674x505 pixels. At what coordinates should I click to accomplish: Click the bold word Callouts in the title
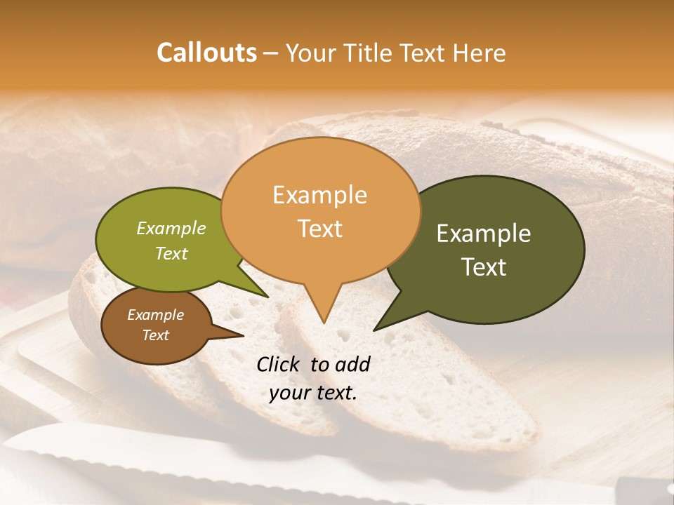coord(206,53)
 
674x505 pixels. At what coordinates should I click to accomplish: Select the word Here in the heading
coord(480,53)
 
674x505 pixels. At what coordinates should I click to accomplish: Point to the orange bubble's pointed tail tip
coord(324,323)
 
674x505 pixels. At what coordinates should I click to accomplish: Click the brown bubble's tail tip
coord(243,335)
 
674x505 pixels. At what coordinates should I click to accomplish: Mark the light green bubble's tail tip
coord(267,297)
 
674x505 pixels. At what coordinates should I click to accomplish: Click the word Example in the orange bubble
coord(319,194)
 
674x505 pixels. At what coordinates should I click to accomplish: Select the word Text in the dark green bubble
coord(484,267)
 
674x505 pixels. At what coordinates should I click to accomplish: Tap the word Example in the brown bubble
coord(155,315)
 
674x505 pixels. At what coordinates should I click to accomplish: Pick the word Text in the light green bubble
coord(171,253)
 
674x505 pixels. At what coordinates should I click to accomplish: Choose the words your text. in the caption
coord(313,393)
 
